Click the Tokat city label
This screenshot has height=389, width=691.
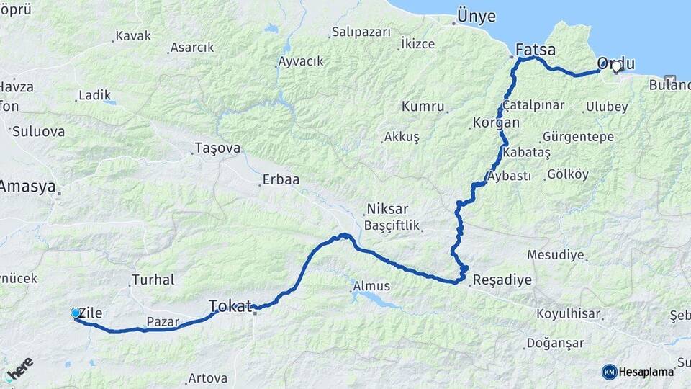pyautogui.click(x=232, y=305)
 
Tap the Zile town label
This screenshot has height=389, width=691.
pyautogui.click(x=92, y=313)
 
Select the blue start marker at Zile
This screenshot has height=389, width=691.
pyautogui.click(x=75, y=313)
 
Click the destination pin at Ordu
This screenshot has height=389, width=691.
pyautogui.click(x=616, y=67)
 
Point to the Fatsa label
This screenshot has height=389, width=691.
pyautogui.click(x=536, y=50)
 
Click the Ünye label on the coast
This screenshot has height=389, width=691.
pyautogui.click(x=473, y=15)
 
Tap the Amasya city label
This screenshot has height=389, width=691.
pyautogui.click(x=27, y=187)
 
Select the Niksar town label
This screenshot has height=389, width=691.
pyautogui.click(x=387, y=209)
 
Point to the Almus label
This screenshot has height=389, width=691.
pyautogui.click(x=371, y=287)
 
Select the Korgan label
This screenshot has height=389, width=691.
pyautogui.click(x=495, y=122)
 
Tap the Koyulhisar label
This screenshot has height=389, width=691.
pyautogui.click(x=573, y=313)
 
